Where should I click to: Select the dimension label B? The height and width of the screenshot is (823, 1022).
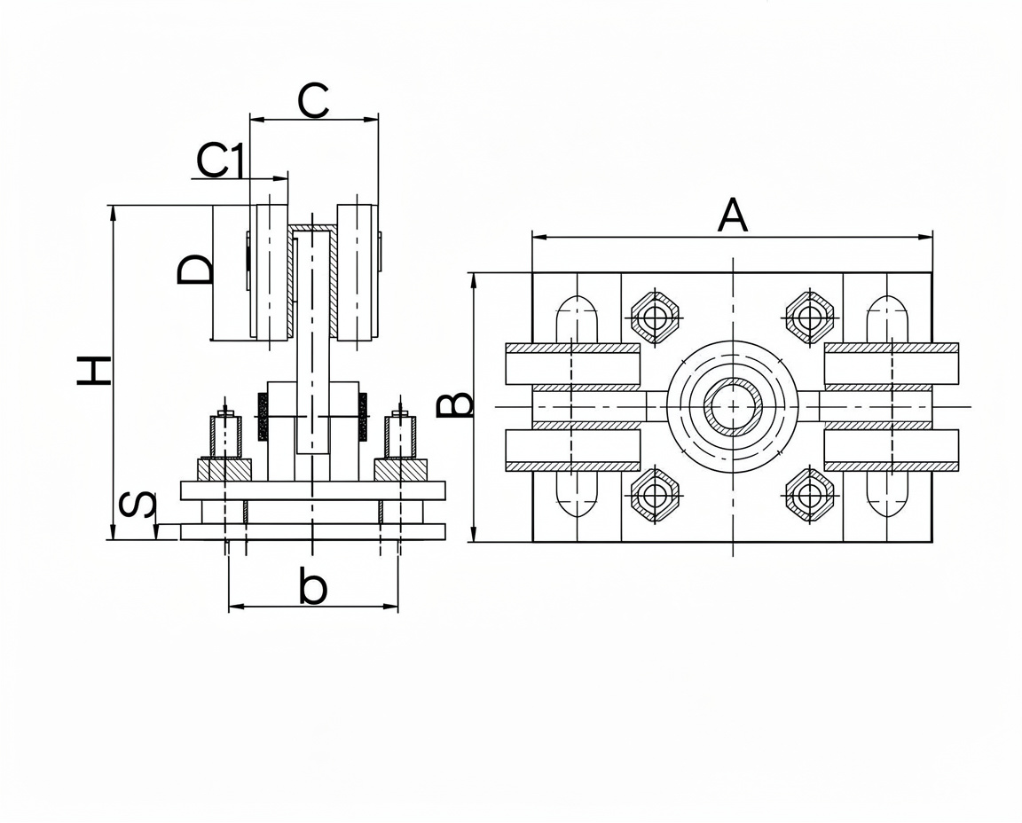(x=453, y=405)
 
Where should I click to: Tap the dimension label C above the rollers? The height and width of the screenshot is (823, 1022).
(x=313, y=101)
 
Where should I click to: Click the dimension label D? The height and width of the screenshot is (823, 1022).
(x=194, y=269)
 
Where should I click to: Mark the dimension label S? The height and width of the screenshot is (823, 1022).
(x=138, y=504)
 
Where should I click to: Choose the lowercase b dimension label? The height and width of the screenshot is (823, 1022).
(x=313, y=584)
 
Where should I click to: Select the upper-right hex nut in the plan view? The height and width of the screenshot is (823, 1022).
(x=810, y=317)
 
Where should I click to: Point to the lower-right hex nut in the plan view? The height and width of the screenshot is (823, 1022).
(x=810, y=495)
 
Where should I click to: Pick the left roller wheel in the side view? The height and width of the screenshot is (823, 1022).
(x=272, y=272)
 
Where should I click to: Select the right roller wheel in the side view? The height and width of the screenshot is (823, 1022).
(x=356, y=272)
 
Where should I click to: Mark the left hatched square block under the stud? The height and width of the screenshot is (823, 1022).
(x=224, y=470)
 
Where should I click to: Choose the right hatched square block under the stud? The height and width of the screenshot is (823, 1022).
(x=401, y=470)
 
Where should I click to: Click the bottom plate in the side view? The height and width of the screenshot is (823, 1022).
(x=313, y=532)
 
